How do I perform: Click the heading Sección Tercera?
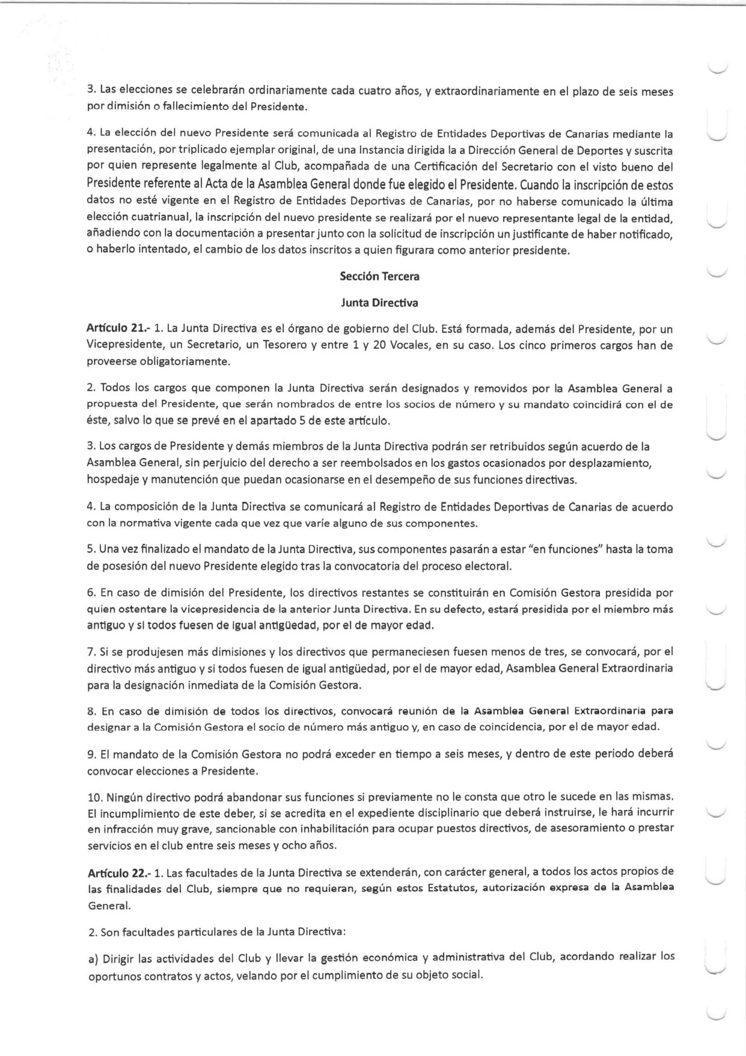point(379,277)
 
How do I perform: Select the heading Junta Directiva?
point(379,303)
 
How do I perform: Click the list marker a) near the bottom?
point(93,957)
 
